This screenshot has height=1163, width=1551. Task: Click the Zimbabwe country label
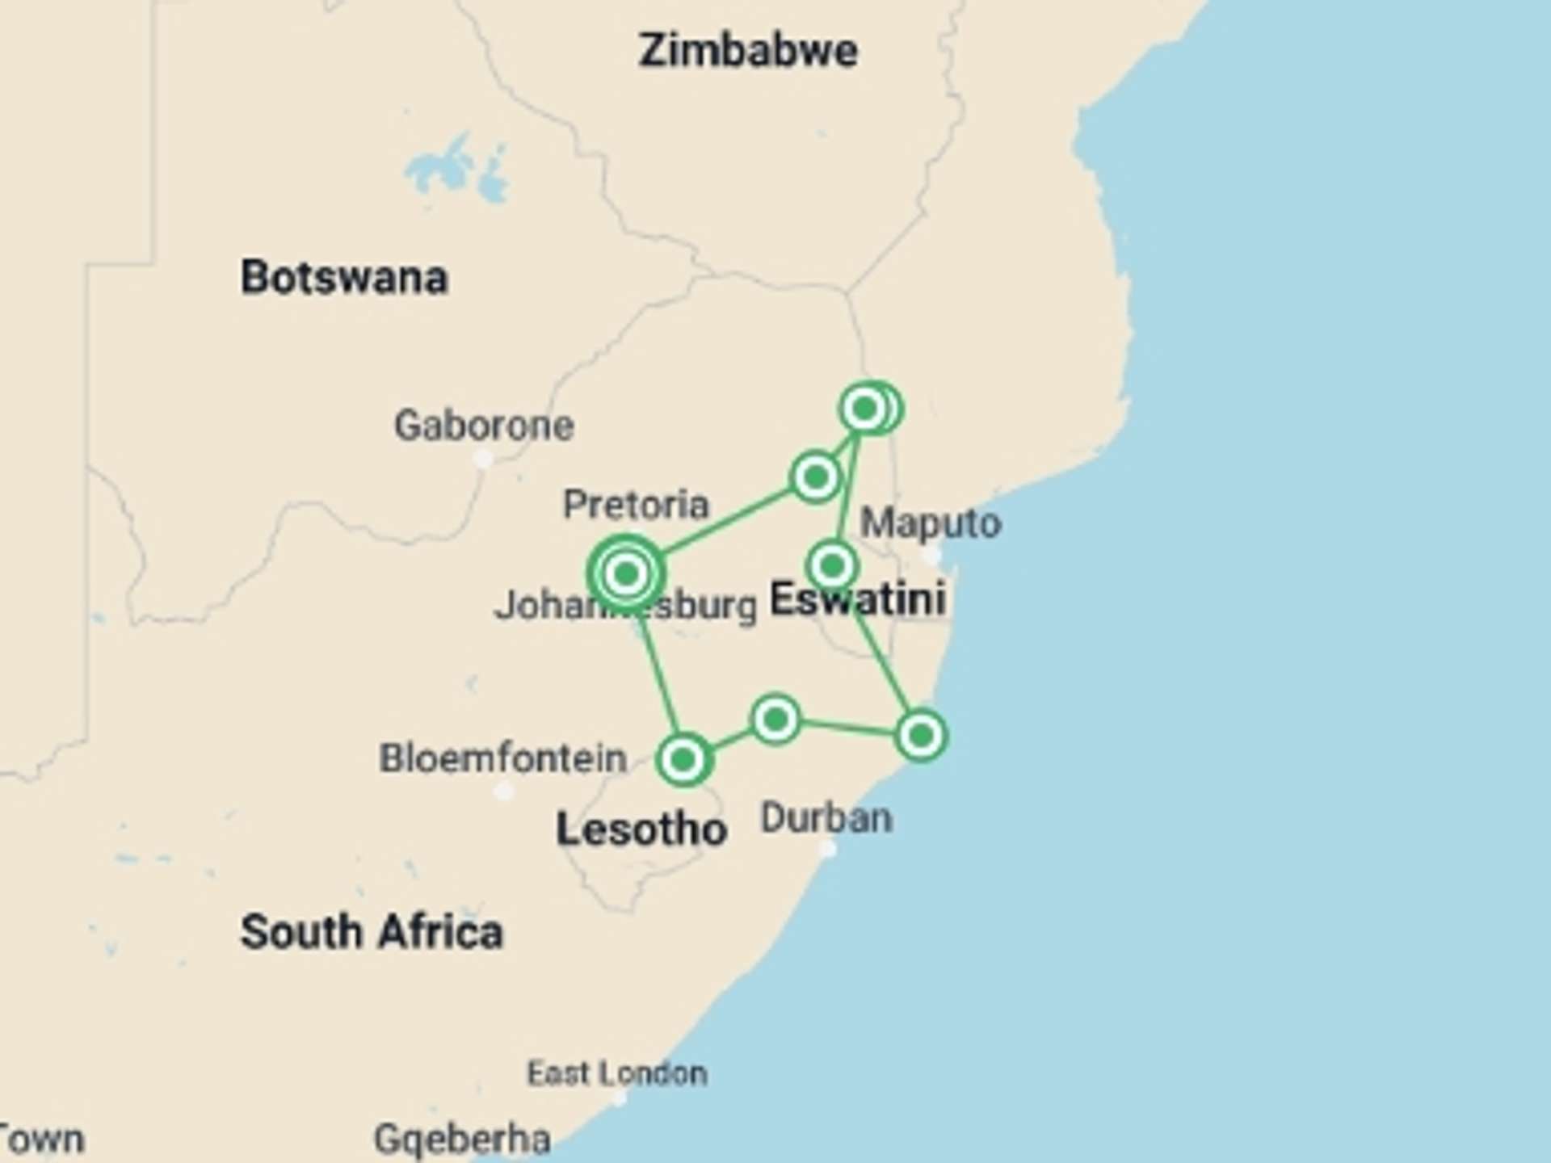coord(748,52)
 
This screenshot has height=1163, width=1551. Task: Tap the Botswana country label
coord(344,278)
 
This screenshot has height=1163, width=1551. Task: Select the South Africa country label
coord(372,932)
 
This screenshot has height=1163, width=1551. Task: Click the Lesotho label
coord(641,830)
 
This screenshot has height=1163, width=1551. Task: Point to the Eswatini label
coord(857,599)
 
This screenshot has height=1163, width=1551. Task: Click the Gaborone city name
coord(484,426)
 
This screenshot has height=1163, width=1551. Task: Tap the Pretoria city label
coord(636,505)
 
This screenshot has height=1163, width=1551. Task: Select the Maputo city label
coord(931,523)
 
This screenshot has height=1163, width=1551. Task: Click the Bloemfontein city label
coord(503,758)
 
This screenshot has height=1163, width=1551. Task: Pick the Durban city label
coord(826,818)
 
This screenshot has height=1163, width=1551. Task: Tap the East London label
coord(617,1073)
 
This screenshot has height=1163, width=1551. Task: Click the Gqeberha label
coord(462,1139)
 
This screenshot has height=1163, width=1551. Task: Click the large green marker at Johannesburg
coord(626,573)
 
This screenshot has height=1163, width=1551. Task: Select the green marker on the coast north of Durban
coord(921,736)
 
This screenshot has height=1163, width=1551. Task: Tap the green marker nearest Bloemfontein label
coord(683,759)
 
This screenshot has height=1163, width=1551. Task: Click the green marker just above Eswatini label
coord(832,565)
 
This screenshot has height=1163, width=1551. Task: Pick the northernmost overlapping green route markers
coord(870,409)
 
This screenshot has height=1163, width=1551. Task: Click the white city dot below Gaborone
coord(482,460)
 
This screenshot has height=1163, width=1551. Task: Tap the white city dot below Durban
coord(827,849)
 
